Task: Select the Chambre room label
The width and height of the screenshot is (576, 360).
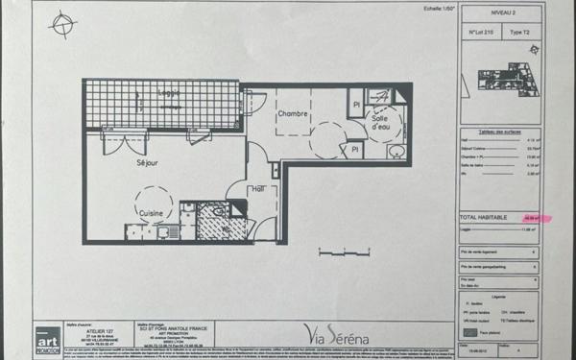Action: point(292,114)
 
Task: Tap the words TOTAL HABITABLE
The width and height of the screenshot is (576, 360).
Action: point(480,218)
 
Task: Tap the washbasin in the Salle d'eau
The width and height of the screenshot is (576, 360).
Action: point(395,151)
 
